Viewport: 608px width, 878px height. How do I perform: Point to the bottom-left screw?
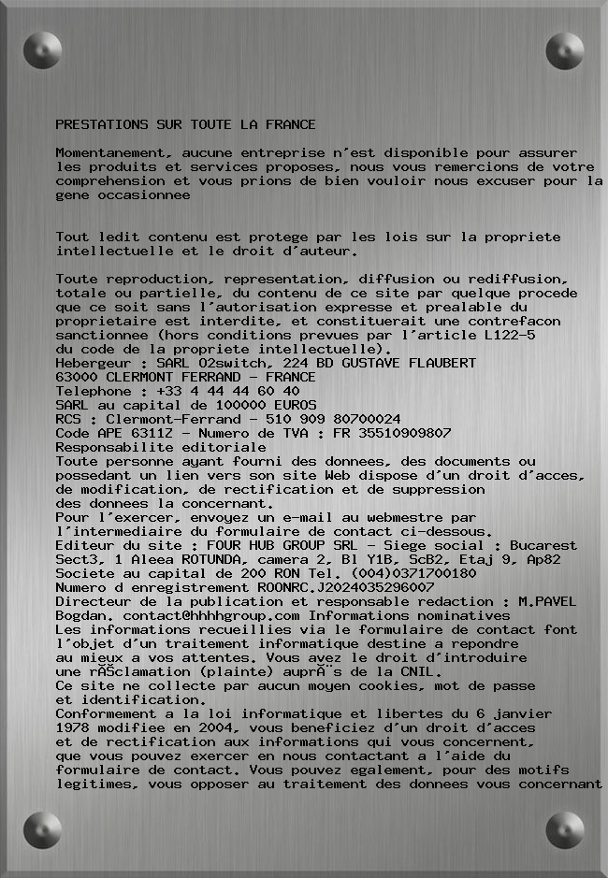42,829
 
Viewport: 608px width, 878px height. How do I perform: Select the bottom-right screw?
565,829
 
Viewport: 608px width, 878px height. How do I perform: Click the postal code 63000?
76,377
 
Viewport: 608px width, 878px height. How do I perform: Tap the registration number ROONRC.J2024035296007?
346,587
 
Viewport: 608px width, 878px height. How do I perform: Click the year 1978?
72,727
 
